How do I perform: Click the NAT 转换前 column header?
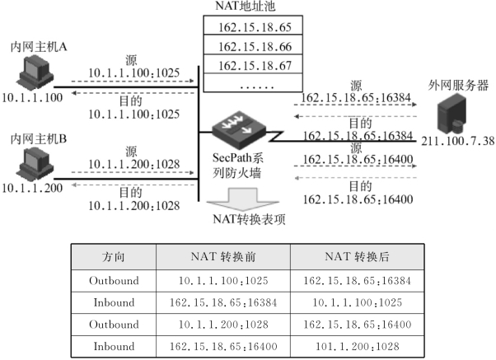point(223,257)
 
